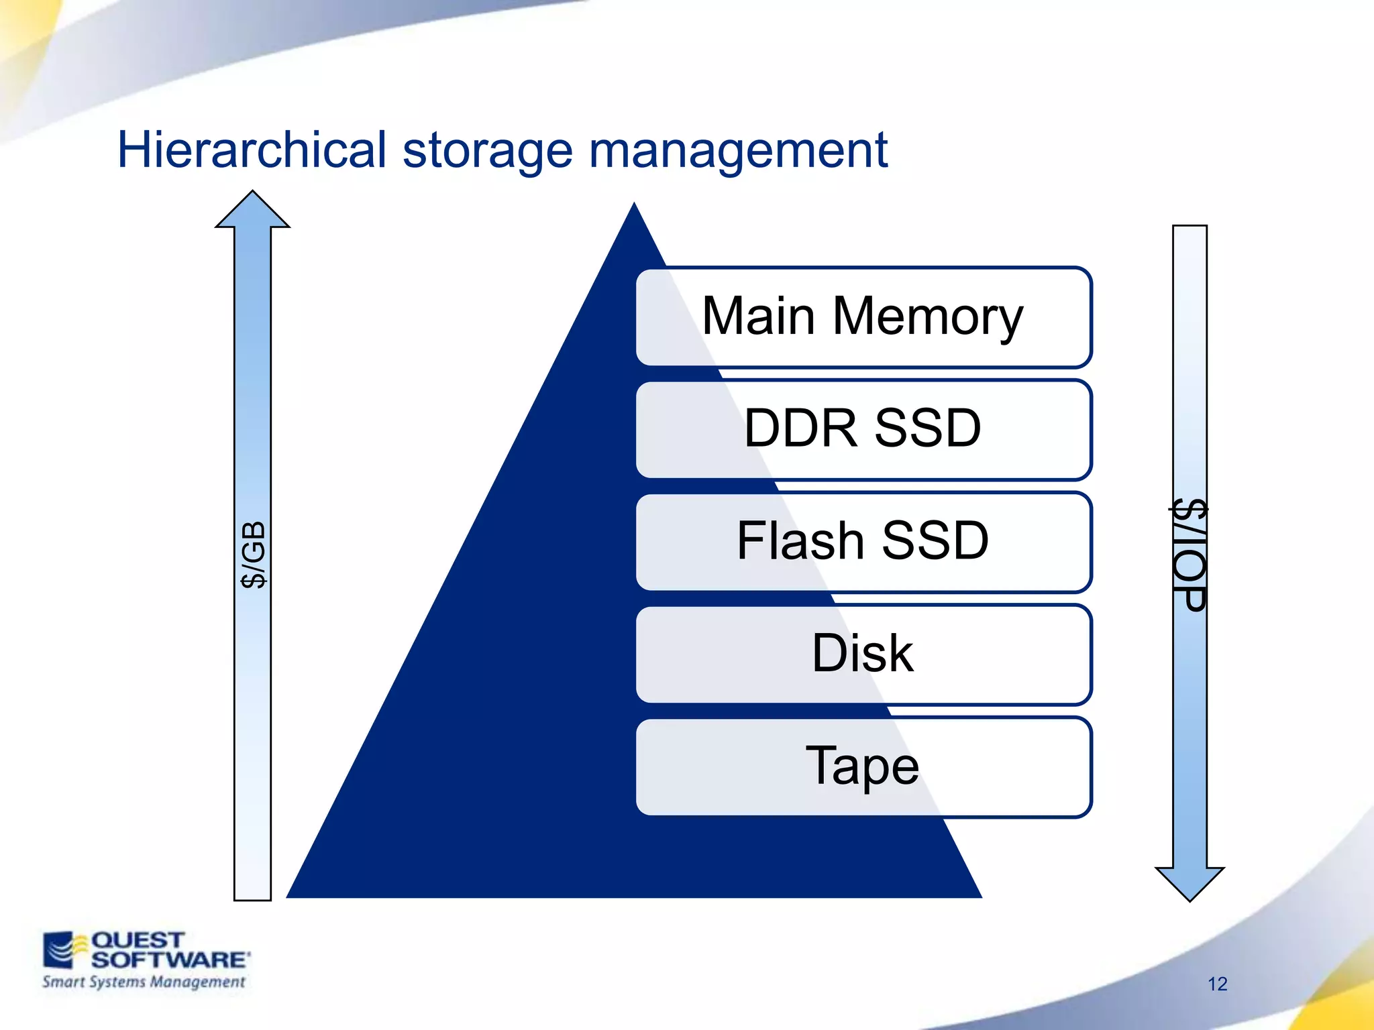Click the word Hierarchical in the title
pyautogui.click(x=252, y=150)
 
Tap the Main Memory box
pyautogui.click(x=863, y=317)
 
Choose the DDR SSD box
pyautogui.click(x=863, y=429)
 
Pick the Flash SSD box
pyautogui.click(x=863, y=542)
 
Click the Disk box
pyautogui.click(x=863, y=654)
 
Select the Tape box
pyautogui.click(x=863, y=766)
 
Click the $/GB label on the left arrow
pyautogui.click(x=254, y=555)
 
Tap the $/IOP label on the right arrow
pyautogui.click(x=1190, y=555)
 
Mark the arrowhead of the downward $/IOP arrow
pyautogui.click(x=1190, y=883)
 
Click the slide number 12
pyautogui.click(x=1217, y=984)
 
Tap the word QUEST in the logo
pyautogui.click(x=137, y=940)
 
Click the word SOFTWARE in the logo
pyautogui.click(x=169, y=960)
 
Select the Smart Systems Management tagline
pyautogui.click(x=144, y=982)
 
